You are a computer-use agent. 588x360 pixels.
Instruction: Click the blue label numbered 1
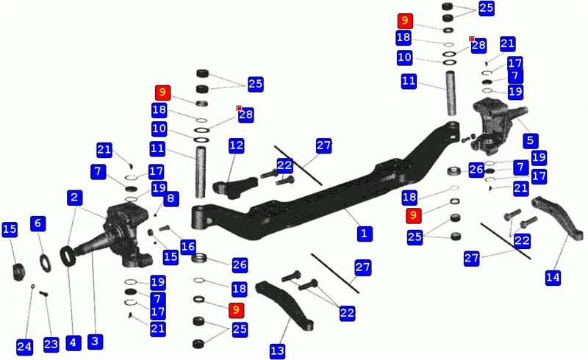(364, 233)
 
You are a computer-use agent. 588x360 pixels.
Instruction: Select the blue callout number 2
(75, 197)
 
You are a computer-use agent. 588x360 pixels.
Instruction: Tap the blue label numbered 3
(95, 341)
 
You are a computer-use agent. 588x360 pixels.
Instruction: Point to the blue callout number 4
(73, 342)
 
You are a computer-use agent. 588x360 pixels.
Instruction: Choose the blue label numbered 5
(530, 140)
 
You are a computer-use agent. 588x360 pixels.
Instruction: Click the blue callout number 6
(38, 223)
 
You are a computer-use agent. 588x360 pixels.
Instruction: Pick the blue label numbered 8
(171, 198)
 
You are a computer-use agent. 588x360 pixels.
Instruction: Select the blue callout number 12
(236, 145)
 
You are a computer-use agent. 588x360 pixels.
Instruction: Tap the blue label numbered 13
(278, 350)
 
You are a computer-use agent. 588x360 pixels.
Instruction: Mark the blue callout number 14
(553, 278)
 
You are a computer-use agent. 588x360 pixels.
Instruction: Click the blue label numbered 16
(188, 246)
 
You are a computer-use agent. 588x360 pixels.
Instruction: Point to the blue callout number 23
(51, 345)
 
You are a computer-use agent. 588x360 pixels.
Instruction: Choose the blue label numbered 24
(24, 347)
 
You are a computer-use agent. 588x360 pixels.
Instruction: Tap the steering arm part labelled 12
(236, 187)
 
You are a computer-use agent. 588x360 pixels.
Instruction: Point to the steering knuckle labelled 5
(495, 126)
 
